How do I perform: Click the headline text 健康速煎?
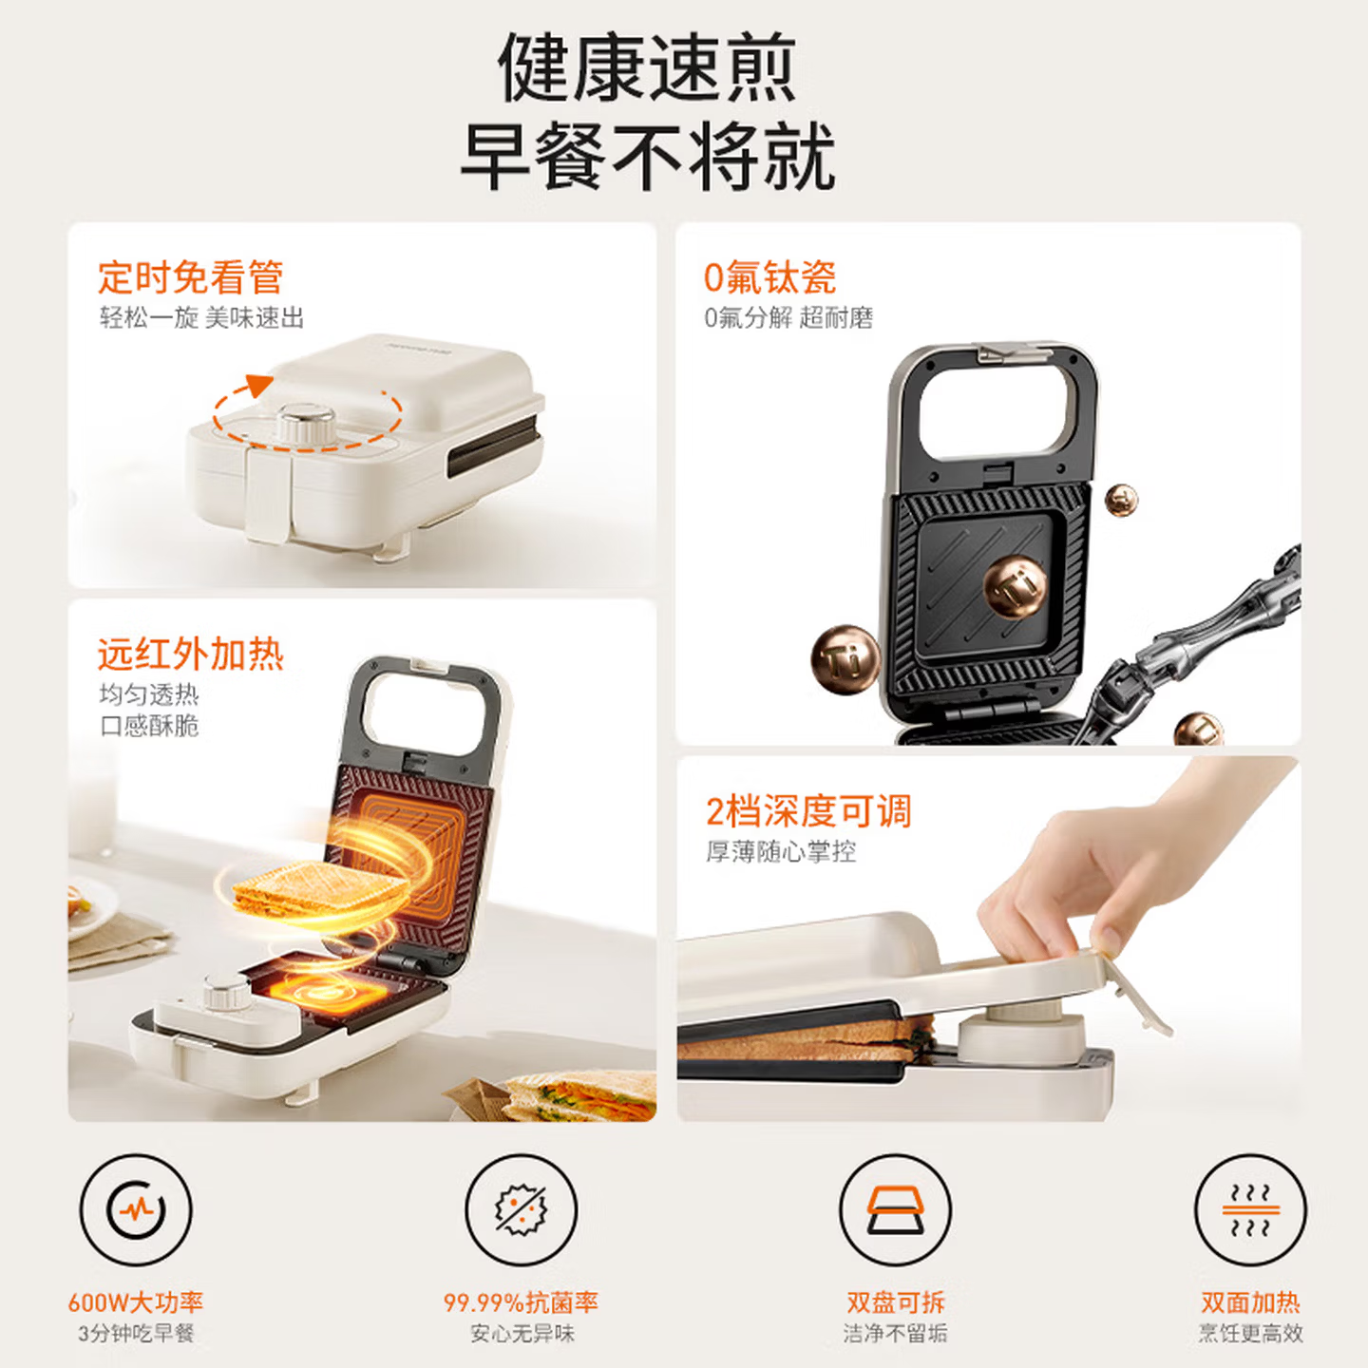point(647,68)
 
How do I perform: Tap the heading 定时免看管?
point(190,277)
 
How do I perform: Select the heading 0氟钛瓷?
point(769,277)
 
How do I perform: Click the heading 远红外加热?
point(190,655)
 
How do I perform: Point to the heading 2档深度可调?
point(808,811)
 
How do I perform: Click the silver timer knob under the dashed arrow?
point(306,423)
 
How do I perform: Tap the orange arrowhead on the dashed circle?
point(257,385)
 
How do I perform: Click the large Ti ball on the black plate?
point(1014,585)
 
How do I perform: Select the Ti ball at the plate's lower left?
point(844,657)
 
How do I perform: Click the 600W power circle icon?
point(136,1210)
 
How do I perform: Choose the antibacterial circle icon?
point(521,1210)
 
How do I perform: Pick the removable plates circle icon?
point(895,1210)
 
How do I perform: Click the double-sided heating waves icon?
point(1250,1210)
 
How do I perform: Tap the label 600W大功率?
point(136,1302)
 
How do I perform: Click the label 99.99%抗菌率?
point(521,1302)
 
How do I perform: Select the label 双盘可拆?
point(895,1302)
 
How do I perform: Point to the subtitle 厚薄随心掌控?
point(781,852)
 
